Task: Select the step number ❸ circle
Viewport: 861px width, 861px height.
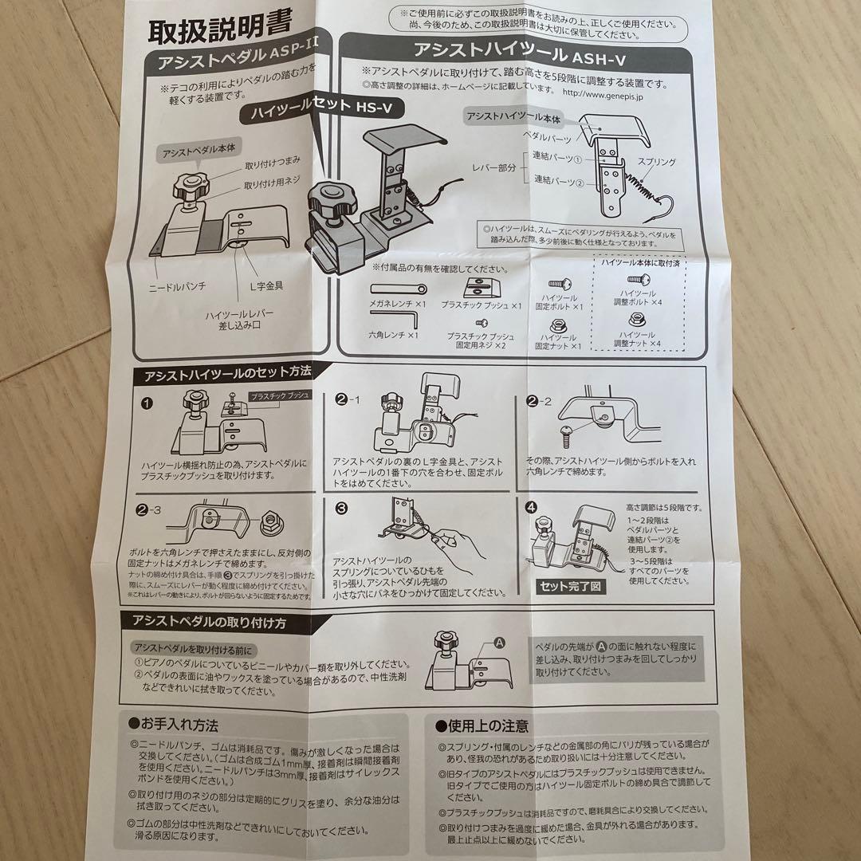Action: click(x=341, y=507)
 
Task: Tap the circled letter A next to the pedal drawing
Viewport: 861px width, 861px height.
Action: click(x=500, y=642)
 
